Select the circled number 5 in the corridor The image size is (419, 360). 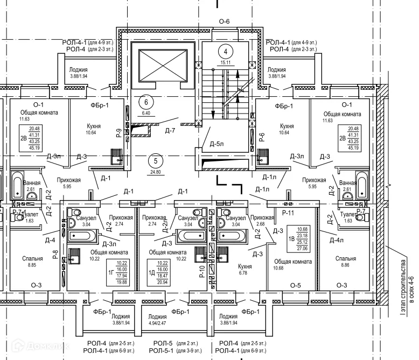[156, 160]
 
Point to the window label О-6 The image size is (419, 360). [224, 22]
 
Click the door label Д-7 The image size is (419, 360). [171, 130]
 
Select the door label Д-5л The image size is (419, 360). [217, 144]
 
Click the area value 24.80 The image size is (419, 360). [156, 172]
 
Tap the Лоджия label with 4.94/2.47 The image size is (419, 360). [157, 317]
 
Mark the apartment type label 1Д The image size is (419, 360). [151, 273]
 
